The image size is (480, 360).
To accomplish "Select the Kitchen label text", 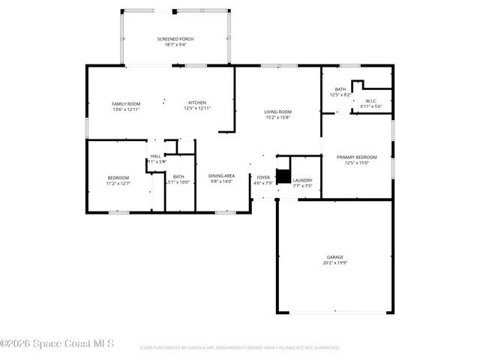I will (x=197, y=103).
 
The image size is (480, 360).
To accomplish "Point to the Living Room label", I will (x=277, y=112).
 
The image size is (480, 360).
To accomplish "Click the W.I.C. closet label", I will (x=370, y=100).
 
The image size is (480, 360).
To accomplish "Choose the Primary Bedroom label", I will (x=356, y=157).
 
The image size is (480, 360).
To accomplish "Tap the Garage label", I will (x=334, y=256).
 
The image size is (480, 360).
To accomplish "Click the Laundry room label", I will (x=302, y=180).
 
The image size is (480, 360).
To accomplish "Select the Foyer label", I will (x=262, y=178).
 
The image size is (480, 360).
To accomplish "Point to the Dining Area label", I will (x=221, y=175).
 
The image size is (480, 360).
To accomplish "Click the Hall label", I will (x=155, y=156).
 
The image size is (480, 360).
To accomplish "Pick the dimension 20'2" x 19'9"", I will (x=334, y=262).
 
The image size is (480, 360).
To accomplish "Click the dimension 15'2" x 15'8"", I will (x=277, y=118).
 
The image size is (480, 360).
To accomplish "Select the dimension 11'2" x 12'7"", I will (x=118, y=183).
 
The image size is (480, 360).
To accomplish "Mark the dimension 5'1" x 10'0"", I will (x=178, y=182).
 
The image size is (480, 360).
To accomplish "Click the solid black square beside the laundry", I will (x=283, y=176).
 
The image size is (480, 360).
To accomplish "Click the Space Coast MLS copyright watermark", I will (x=57, y=344).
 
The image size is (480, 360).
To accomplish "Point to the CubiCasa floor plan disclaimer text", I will (x=240, y=348).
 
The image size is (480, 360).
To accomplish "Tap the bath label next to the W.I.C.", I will (x=340, y=89).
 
